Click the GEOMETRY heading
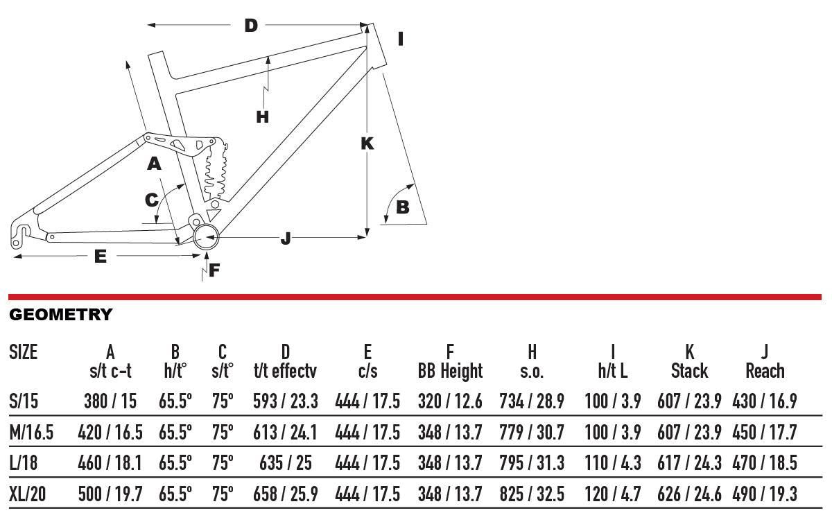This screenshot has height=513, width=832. click(60, 315)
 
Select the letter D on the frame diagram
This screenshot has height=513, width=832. click(251, 26)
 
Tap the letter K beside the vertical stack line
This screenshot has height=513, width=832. click(367, 144)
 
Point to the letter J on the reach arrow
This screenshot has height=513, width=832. click(286, 239)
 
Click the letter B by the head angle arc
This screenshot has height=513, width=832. click(402, 207)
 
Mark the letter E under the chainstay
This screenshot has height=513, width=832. click(101, 256)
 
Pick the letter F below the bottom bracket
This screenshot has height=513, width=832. click(214, 270)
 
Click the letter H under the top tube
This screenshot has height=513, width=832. click(262, 116)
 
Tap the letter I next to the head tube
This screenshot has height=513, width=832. click(401, 39)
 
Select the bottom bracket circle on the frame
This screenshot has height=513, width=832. click(207, 238)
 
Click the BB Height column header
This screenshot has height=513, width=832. click(450, 371)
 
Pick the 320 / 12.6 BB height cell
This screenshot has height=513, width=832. click(450, 401)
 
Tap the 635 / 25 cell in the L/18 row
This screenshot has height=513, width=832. click(285, 463)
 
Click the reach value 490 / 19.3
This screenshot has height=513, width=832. click(765, 494)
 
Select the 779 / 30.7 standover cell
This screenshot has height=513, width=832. click(532, 433)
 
